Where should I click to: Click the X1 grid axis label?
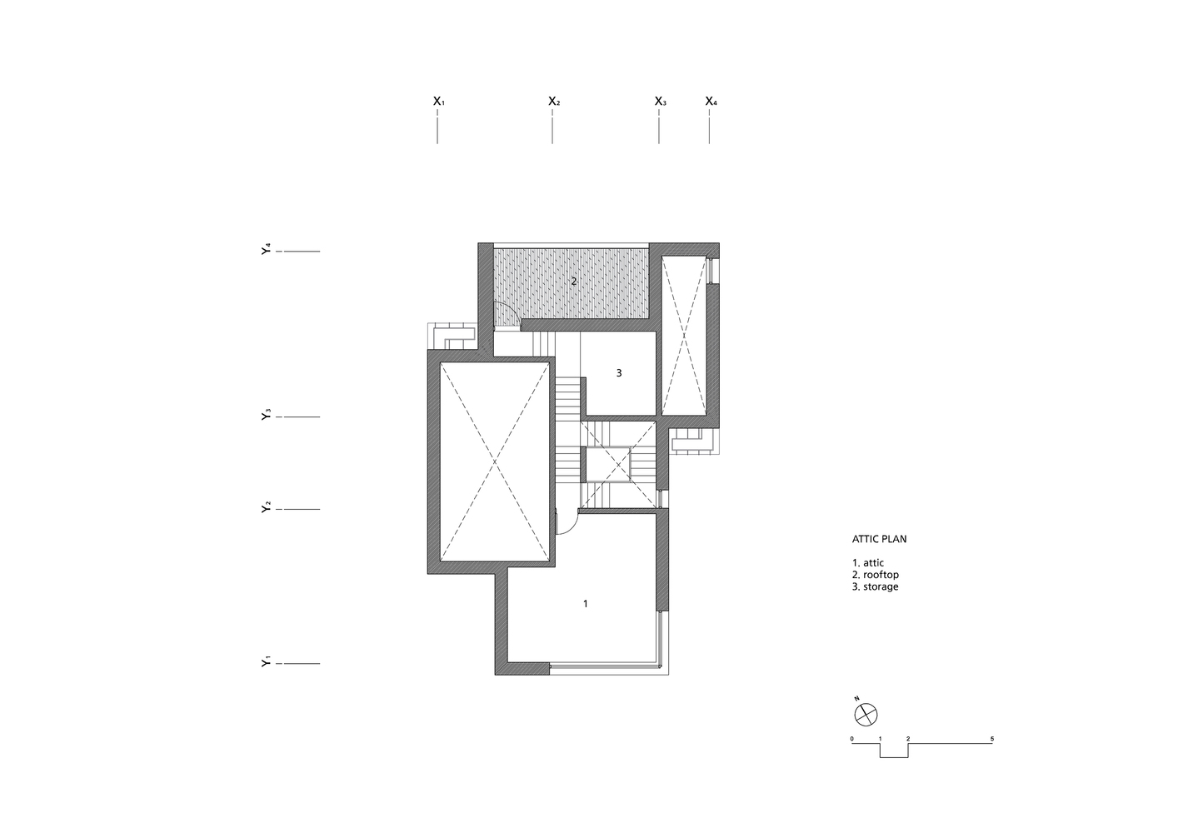pos(438,101)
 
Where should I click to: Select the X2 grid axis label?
pos(554,101)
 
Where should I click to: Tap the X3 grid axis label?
pos(660,101)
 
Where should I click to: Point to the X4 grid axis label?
pos(711,101)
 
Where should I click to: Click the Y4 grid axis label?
pos(266,249)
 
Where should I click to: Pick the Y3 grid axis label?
pos(266,414)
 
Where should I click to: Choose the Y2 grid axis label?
pos(266,507)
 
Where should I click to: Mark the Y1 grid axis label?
pos(266,661)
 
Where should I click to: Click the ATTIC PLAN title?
pos(879,539)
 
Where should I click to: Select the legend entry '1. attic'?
pos(868,563)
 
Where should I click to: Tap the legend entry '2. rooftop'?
pos(875,575)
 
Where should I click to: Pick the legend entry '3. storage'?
pos(875,586)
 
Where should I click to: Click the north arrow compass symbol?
pos(866,715)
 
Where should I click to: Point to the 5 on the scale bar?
pos(992,739)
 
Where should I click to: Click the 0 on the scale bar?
pos(852,739)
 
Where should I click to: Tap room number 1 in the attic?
pos(586,604)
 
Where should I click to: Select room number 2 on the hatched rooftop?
pos(574,282)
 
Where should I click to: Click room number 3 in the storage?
pos(619,373)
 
